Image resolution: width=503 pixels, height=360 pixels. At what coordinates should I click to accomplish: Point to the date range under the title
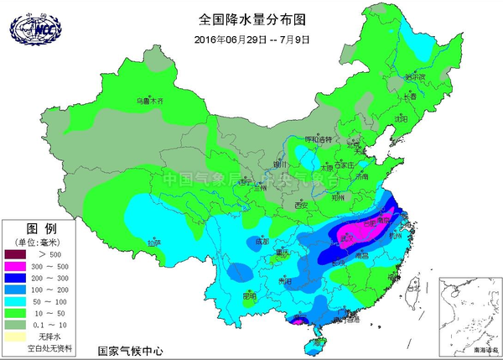coord(252,39)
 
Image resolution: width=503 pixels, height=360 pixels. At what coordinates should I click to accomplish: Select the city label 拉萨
coord(152,243)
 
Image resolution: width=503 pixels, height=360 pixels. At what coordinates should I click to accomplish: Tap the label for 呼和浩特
coord(318,138)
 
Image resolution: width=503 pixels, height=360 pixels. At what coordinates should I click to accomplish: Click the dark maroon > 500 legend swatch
coord(18,253)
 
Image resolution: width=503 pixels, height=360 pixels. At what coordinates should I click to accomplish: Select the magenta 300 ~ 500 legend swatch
coord(18,266)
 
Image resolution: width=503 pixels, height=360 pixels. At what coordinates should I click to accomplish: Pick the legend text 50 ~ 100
coord(50,301)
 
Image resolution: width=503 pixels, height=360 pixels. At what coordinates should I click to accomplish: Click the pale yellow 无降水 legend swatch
coord(18,337)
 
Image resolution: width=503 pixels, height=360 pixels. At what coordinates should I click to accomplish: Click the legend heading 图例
coord(40,228)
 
